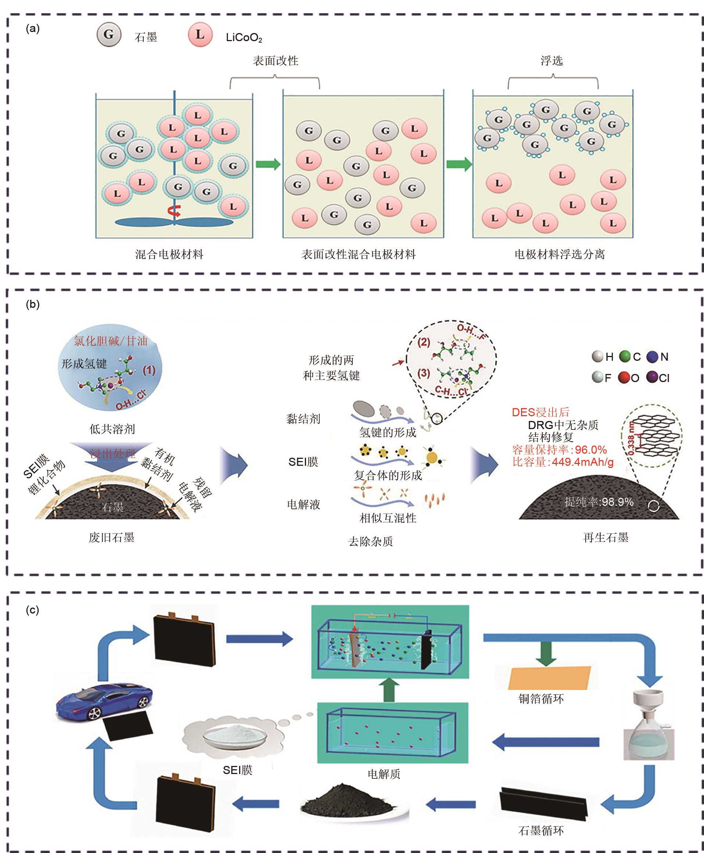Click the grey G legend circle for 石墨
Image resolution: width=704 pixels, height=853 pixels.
click(x=109, y=35)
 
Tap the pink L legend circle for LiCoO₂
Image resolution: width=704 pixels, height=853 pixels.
click(x=200, y=35)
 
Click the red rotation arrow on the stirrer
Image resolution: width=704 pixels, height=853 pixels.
click(x=175, y=210)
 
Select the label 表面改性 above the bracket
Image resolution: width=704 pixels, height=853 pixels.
click(x=275, y=61)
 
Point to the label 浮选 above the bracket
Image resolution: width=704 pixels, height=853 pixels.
click(x=552, y=61)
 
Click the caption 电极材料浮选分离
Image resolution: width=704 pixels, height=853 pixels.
click(x=559, y=254)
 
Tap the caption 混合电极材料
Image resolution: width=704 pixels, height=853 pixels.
click(x=169, y=254)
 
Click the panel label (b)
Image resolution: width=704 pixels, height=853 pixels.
click(x=32, y=304)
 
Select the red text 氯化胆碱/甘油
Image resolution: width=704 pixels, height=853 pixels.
click(x=110, y=341)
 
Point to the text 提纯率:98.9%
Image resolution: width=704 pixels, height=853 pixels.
click(x=599, y=502)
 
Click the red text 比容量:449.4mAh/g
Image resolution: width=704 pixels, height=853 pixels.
click(x=563, y=462)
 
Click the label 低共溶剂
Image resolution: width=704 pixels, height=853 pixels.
click(x=112, y=429)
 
